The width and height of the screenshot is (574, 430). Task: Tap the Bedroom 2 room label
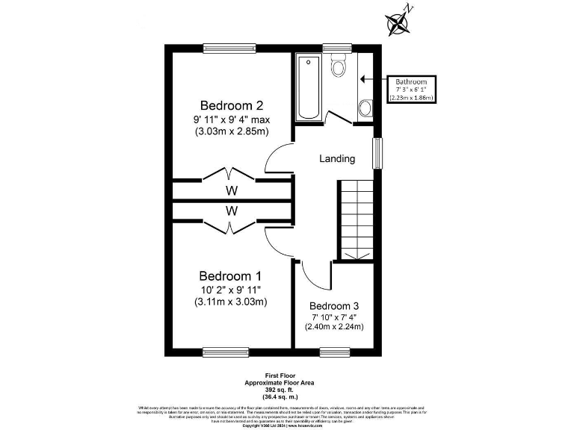click(231, 105)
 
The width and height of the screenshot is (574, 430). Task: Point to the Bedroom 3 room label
click(334, 306)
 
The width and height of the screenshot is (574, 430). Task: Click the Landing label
click(337, 159)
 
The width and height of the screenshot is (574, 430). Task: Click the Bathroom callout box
click(411, 89)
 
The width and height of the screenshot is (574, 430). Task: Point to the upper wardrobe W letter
click(232, 190)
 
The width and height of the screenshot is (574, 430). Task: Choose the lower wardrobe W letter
click(232, 211)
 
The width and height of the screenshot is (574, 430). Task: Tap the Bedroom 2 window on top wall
click(225, 49)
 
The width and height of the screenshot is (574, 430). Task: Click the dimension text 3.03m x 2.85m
click(231, 132)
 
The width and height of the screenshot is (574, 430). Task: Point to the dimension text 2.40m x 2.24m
click(334, 326)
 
